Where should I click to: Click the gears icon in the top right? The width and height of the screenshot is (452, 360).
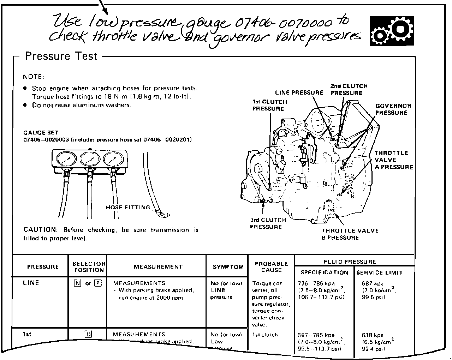pos(392,31)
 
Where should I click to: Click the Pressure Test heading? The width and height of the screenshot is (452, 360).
pos(61,56)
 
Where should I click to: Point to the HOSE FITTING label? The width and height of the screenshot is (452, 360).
pos(128,208)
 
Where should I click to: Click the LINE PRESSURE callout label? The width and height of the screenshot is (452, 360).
pos(299,93)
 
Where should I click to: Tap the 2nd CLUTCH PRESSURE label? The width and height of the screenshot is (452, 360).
pos(349,89)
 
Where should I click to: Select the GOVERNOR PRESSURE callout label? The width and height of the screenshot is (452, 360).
pos(393,109)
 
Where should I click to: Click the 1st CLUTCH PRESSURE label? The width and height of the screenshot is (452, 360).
pos(269,105)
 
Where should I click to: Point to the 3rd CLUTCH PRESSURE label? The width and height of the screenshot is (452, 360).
pos(268,223)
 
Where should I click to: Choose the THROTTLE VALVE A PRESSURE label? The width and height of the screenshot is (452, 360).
pos(393,160)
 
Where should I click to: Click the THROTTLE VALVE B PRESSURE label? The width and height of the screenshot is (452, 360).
pos(350,234)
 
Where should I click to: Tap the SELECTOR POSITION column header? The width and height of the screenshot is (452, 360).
pos(89,267)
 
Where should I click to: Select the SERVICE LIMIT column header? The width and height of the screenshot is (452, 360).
pos(379,272)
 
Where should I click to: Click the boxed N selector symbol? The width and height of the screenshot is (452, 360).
pos(78,283)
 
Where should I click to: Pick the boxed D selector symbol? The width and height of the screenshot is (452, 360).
pos(88,334)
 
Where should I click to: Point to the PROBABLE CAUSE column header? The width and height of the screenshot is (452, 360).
pos(271,267)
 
